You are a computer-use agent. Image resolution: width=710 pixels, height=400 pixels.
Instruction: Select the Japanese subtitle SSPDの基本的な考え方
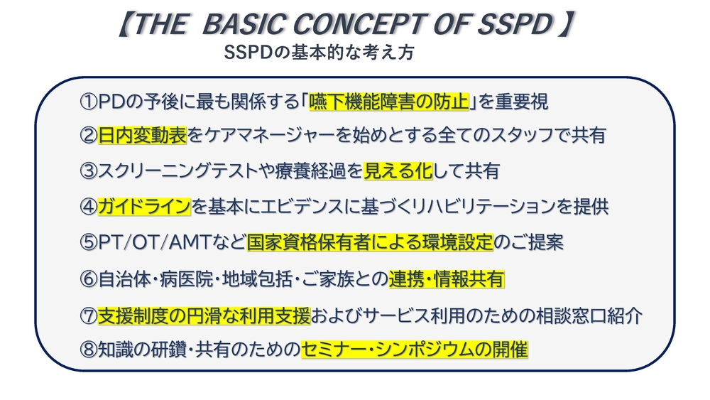pyautogui.click(x=319, y=53)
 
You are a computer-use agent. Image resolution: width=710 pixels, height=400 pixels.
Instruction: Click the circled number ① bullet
pyautogui.click(x=88, y=102)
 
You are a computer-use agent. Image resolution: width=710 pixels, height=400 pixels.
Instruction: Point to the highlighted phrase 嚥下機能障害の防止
pyautogui.click(x=389, y=102)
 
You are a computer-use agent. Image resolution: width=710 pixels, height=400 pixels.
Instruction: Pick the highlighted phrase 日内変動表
pyautogui.click(x=142, y=136)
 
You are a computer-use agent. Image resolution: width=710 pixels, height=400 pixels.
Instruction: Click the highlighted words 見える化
pyautogui.click(x=398, y=171)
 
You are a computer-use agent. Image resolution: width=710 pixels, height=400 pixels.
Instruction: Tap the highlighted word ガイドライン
pyautogui.click(x=144, y=207)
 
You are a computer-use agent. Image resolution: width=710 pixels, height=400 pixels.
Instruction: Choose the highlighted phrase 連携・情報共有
pyautogui.click(x=446, y=279)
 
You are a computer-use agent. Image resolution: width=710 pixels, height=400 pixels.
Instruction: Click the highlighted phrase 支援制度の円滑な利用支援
pyautogui.click(x=204, y=315)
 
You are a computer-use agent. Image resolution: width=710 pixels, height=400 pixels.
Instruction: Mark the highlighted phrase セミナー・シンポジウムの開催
pyautogui.click(x=415, y=350)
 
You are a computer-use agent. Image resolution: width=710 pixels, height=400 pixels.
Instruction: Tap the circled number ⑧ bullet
pyautogui.click(x=88, y=350)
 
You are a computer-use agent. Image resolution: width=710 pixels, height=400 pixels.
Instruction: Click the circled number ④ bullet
pyautogui.click(x=88, y=207)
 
